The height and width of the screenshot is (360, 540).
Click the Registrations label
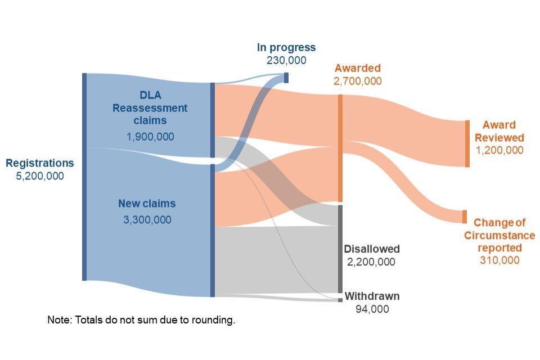pyautogui.click(x=39, y=163)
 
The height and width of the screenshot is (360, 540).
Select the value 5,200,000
pyautogui.click(x=39, y=175)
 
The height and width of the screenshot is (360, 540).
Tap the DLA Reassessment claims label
pyautogui.click(x=150, y=107)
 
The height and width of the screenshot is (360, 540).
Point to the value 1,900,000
pyautogui.click(x=150, y=137)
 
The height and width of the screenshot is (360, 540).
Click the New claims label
pyautogui.click(x=147, y=204)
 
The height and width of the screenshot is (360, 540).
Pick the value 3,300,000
pyautogui.click(x=147, y=219)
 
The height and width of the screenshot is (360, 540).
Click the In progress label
pyautogui.click(x=286, y=48)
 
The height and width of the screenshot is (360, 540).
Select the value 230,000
pyautogui.click(x=286, y=60)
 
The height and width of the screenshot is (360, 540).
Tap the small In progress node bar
pyautogui.click(x=286, y=78)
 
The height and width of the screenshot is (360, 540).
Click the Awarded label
pyautogui.click(x=357, y=69)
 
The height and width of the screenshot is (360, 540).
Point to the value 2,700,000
pyautogui.click(x=357, y=81)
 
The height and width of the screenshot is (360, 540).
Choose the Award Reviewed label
pyautogui.click(x=499, y=131)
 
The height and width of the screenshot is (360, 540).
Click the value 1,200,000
pyautogui.click(x=499, y=150)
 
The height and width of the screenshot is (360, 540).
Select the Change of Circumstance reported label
pyautogui.click(x=499, y=235)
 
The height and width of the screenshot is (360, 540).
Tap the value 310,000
pyautogui.click(x=499, y=260)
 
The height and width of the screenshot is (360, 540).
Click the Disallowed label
pyautogui.click(x=372, y=249)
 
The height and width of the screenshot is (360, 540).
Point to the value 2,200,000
pyautogui.click(x=371, y=262)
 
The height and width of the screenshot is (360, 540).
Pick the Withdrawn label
pyautogui.click(x=372, y=296)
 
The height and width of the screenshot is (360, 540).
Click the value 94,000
pyautogui.click(x=372, y=309)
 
